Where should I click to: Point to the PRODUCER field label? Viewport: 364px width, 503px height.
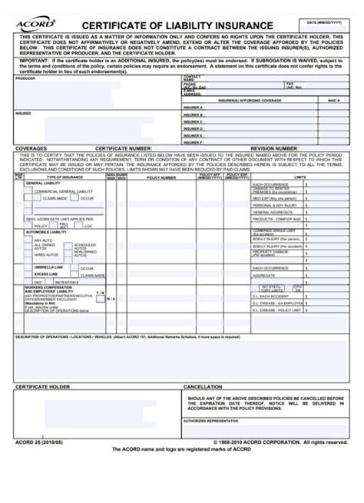click(x=25, y=78)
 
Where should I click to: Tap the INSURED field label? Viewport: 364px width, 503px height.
click(x=23, y=113)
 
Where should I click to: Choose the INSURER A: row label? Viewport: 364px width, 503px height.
click(x=193, y=108)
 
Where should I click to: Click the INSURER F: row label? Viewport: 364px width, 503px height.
click(x=193, y=142)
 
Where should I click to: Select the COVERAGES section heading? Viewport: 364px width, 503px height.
click(x=31, y=148)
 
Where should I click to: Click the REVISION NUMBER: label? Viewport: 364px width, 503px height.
click(x=273, y=148)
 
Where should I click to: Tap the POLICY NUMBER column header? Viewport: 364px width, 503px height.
click(x=162, y=177)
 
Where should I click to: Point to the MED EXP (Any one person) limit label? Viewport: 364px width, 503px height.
click(x=276, y=198)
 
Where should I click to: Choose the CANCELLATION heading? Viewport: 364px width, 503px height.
click(x=204, y=387)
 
